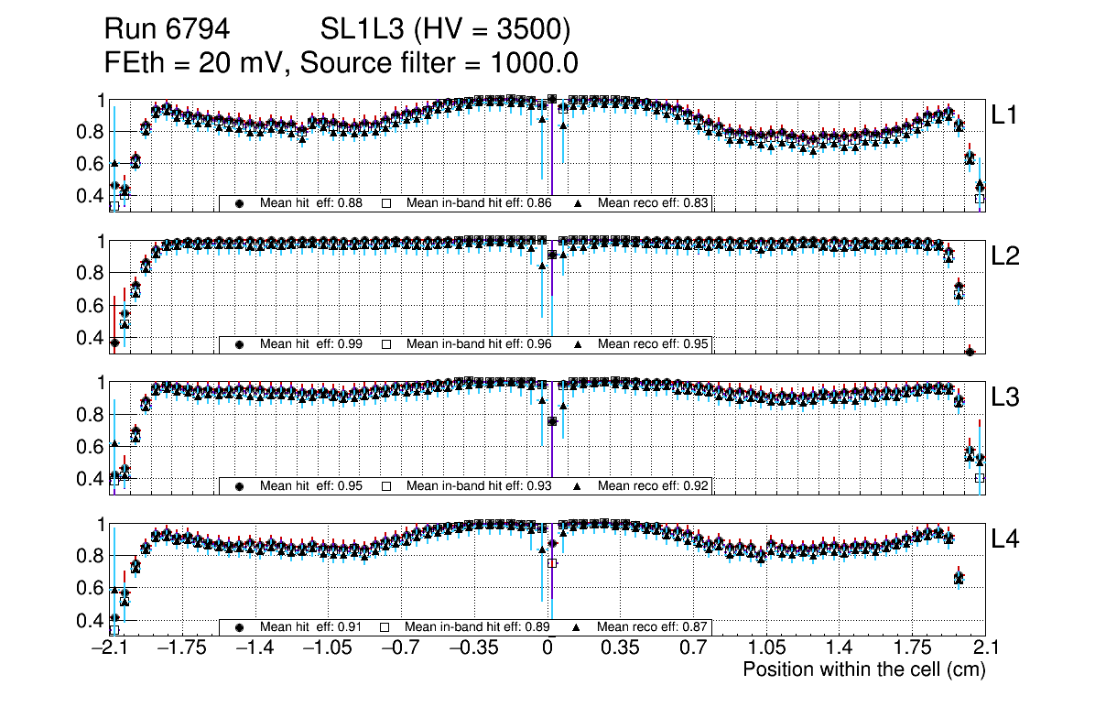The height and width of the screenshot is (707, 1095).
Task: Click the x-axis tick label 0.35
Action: [620, 648]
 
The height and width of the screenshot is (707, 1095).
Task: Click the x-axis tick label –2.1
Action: [110, 648]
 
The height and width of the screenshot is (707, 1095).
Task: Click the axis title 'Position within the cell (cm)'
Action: [863, 669]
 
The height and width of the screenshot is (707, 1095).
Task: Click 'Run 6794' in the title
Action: [167, 30]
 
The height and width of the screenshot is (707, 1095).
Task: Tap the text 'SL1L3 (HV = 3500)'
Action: [446, 30]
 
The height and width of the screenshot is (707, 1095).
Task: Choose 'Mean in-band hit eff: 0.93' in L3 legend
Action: [478, 485]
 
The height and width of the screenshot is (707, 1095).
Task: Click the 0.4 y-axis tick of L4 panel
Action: [92, 620]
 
